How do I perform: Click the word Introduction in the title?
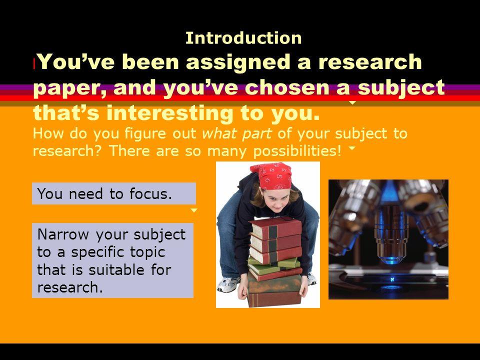click(x=243, y=38)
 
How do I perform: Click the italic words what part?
click(x=237, y=134)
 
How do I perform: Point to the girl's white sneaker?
click(x=228, y=284)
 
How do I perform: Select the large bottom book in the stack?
click(x=274, y=291)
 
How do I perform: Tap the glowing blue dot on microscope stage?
click(x=392, y=279)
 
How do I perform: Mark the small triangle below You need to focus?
click(x=194, y=210)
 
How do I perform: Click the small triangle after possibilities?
click(x=352, y=148)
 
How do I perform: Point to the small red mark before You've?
click(x=34, y=64)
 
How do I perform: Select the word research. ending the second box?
click(x=70, y=287)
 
